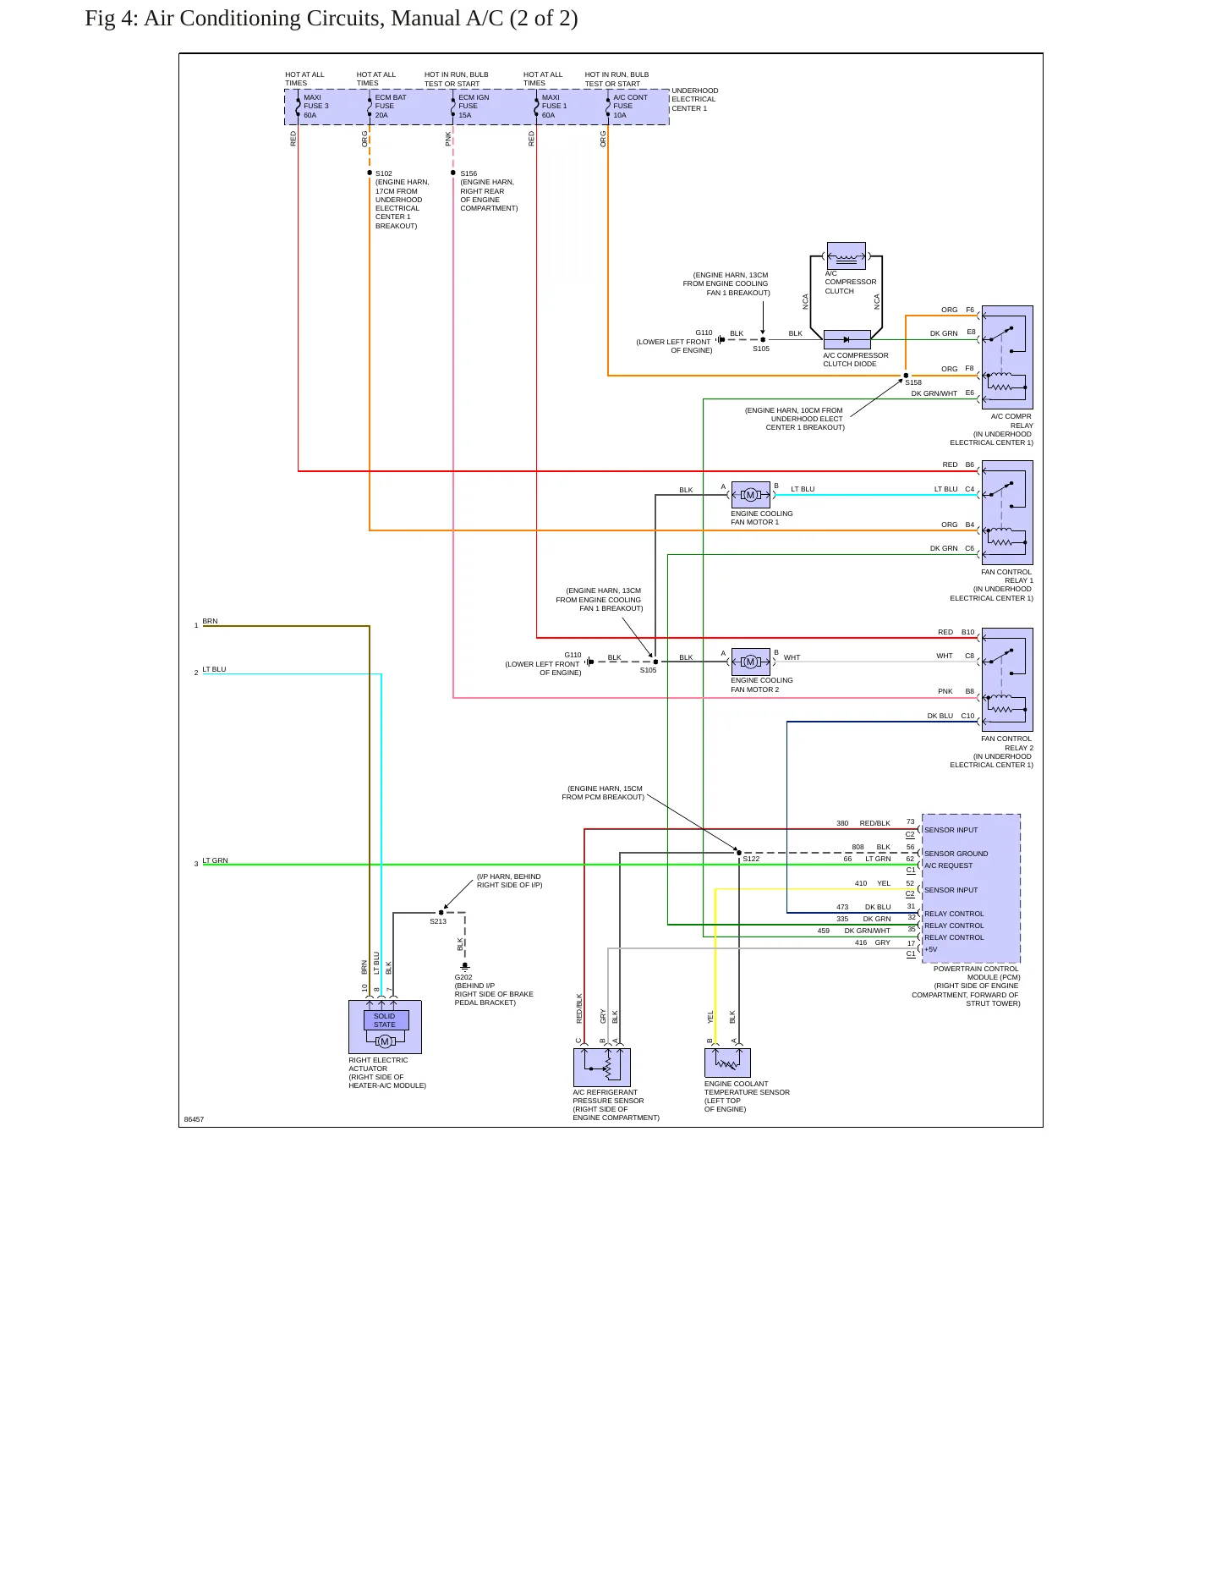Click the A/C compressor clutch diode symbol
pyautogui.click(x=847, y=339)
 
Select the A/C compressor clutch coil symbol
pyautogui.click(x=847, y=255)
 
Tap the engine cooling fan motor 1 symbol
pyautogui.click(x=750, y=495)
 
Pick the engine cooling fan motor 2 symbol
pyautogui.click(x=750, y=662)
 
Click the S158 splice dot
pyautogui.click(x=906, y=376)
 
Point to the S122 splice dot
pyautogui.click(x=739, y=853)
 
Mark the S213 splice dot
pyautogui.click(x=441, y=913)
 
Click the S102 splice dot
pyautogui.click(x=370, y=173)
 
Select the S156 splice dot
pyautogui.click(x=453, y=173)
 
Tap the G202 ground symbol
pyautogui.click(x=465, y=966)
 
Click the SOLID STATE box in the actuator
pyautogui.click(x=385, y=1020)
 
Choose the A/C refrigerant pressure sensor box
pyautogui.click(x=602, y=1068)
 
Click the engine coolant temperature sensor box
pyautogui.click(x=727, y=1063)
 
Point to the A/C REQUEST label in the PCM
pyautogui.click(x=948, y=865)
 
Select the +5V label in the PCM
pyautogui.click(x=931, y=949)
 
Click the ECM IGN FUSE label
pyautogui.click(x=474, y=102)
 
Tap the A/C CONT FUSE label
pyautogui.click(x=630, y=102)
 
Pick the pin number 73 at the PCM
pyautogui.click(x=910, y=821)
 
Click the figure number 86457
pyautogui.click(x=194, y=1119)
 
